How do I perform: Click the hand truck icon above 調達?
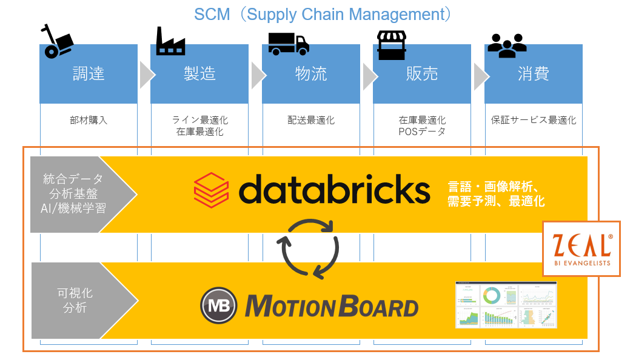[57, 41]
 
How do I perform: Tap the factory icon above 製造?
[170, 41]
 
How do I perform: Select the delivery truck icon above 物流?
[289, 43]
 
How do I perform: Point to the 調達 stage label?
[89, 74]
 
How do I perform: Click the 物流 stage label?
[311, 74]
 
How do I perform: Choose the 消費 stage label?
[534, 74]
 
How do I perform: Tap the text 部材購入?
[89, 120]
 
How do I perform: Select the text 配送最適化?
[311, 120]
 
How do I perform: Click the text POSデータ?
[422, 131]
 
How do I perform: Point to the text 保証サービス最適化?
[534, 120]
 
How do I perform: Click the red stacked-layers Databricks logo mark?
[211, 190]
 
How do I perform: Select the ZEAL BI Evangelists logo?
[581, 248]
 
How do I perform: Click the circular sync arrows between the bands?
[308, 248]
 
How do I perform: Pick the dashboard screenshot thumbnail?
[506, 305]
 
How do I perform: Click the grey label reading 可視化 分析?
[78, 301]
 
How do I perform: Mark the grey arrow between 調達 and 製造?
[146, 74]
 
